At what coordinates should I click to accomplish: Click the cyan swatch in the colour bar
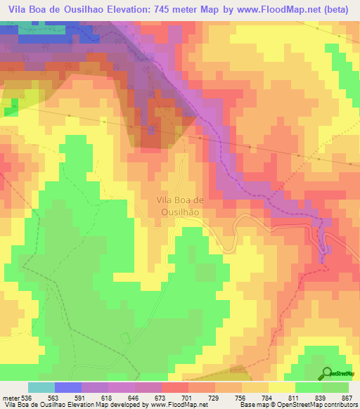point(41,388)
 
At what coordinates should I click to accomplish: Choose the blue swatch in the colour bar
point(68,388)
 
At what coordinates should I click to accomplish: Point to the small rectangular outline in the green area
point(125,338)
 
